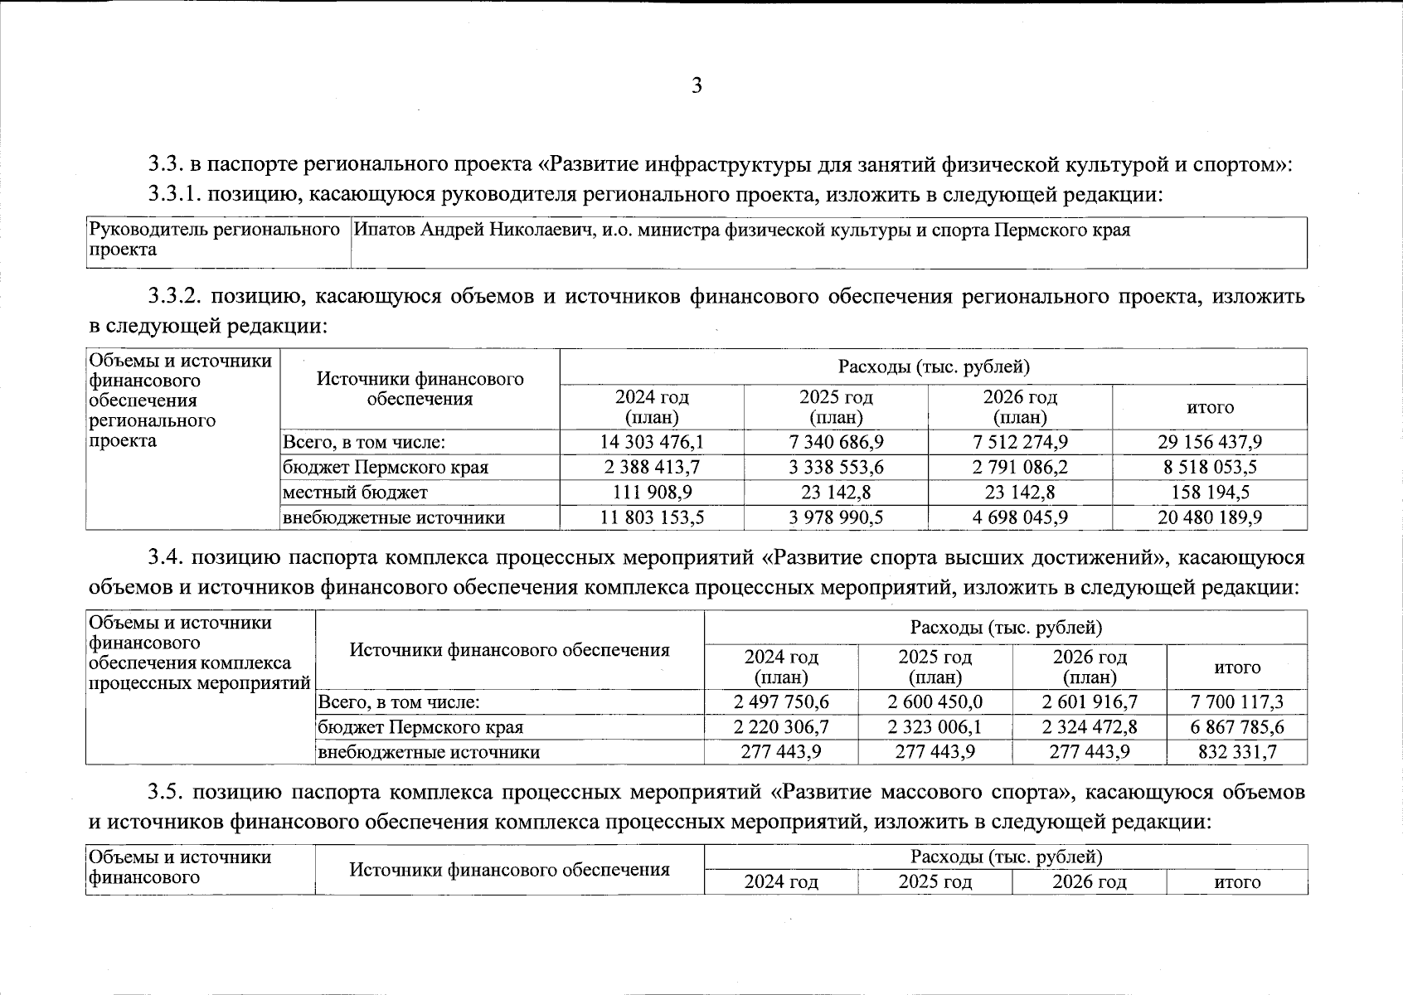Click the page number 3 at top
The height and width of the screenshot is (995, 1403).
click(697, 86)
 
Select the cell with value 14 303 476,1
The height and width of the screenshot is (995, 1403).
click(652, 442)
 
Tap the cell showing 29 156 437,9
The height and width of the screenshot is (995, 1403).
click(1209, 442)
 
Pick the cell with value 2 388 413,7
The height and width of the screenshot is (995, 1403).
click(652, 467)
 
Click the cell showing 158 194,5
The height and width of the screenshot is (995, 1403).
click(1209, 493)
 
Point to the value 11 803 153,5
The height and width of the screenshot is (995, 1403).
click(652, 517)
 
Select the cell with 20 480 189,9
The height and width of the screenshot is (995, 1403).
click(1209, 517)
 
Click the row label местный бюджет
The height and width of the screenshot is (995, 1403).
click(356, 493)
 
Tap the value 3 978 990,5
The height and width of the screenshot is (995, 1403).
click(836, 517)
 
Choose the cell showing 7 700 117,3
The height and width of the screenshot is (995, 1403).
click(1236, 702)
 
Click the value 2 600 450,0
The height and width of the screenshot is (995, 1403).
click(935, 702)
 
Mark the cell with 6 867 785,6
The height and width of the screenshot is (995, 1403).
click(1236, 727)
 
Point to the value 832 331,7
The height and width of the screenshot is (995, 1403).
click(1236, 752)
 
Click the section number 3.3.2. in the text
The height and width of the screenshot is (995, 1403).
click(175, 296)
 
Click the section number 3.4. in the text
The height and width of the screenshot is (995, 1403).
click(166, 557)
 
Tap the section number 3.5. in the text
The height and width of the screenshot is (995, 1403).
click(166, 792)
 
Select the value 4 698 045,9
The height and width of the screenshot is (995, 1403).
click(1020, 517)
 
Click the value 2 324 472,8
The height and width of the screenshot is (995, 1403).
click(1089, 727)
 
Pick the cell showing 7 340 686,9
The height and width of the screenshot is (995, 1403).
click(836, 442)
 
